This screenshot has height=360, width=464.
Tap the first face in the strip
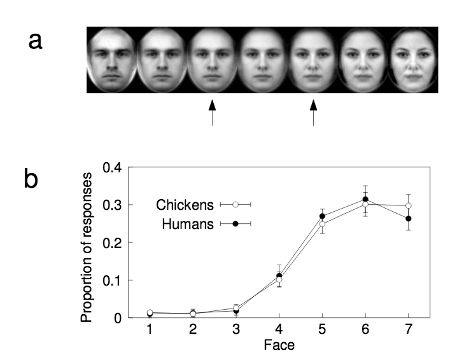click(109, 60)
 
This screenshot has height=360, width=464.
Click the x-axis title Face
click(279, 348)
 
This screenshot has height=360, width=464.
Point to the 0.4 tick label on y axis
click(113, 168)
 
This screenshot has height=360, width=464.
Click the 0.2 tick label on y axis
click(113, 243)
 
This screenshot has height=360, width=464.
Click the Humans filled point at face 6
click(365, 200)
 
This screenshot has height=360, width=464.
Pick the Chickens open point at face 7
click(409, 206)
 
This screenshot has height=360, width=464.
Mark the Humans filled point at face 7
click(409, 219)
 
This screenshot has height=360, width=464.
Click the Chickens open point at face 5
click(322, 224)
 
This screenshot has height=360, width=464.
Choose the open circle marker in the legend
click(236, 205)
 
